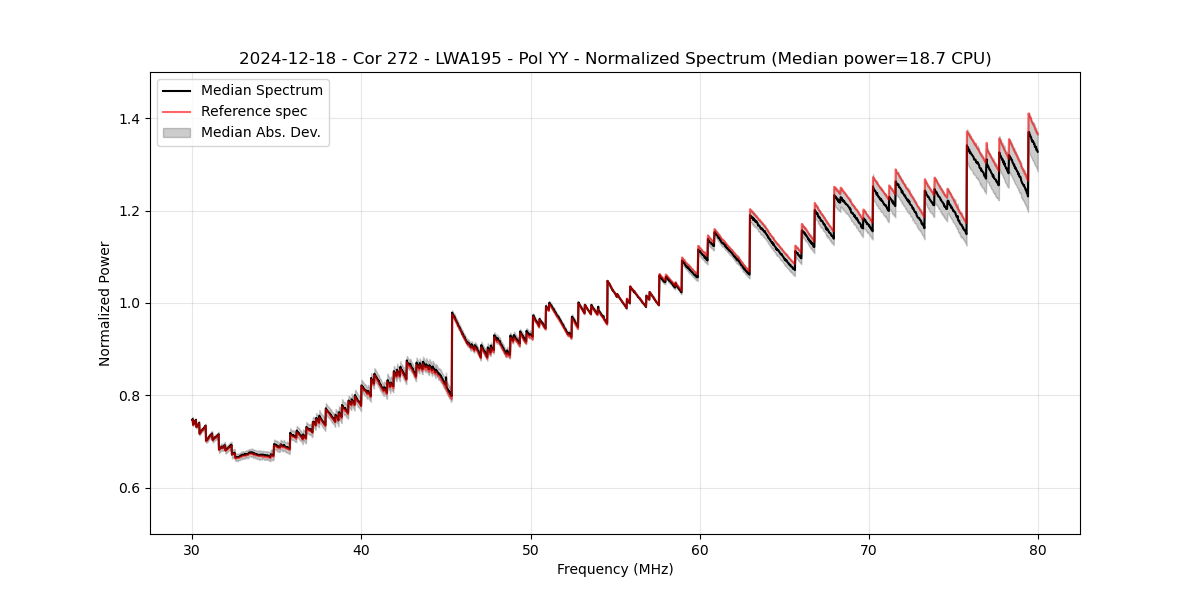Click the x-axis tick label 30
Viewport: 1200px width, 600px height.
[x=192, y=549]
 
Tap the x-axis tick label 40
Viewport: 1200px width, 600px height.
[x=361, y=549]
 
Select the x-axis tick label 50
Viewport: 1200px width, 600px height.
[x=531, y=549]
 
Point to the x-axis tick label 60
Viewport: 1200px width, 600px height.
[x=700, y=549]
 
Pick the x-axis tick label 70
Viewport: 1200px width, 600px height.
[x=869, y=549]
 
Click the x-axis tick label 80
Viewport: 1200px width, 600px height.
[x=1038, y=549]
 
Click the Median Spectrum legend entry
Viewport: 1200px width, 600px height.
[x=261, y=91]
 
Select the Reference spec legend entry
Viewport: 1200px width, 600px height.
[x=254, y=111]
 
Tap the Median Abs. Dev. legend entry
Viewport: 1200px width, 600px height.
[x=260, y=132]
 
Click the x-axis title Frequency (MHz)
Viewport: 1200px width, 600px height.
[x=615, y=569]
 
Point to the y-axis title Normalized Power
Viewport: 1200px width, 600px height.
[x=105, y=303]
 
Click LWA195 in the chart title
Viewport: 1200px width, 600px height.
[x=468, y=59]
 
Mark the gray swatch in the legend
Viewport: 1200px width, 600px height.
[x=177, y=132]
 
